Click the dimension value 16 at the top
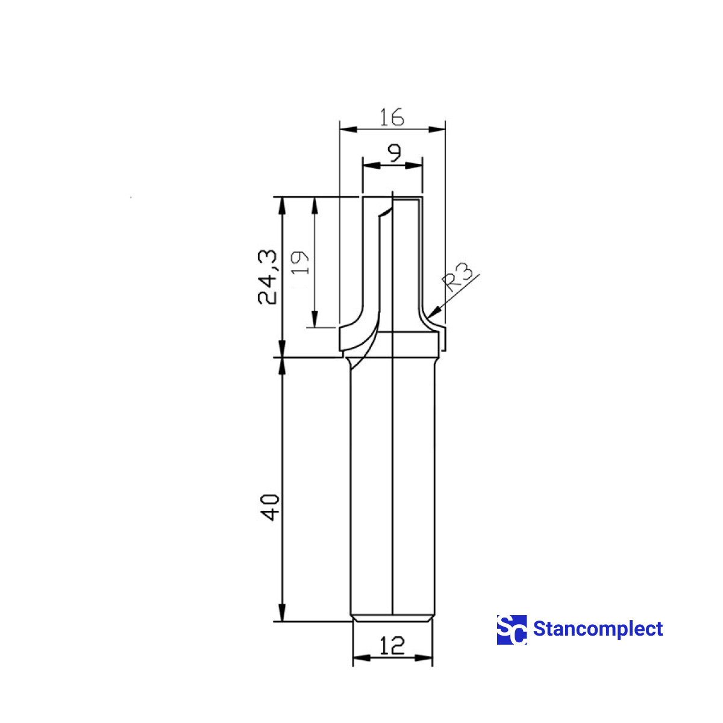(392, 117)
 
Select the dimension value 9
(393, 154)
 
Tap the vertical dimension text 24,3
(268, 277)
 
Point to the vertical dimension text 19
(301, 263)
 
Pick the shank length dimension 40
(269, 507)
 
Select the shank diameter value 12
(392, 646)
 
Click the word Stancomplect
(598, 629)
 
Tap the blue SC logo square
(512, 630)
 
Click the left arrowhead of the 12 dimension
(360, 658)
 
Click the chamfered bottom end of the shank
(392, 618)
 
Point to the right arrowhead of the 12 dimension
(425, 658)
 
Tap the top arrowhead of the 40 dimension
(281, 365)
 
